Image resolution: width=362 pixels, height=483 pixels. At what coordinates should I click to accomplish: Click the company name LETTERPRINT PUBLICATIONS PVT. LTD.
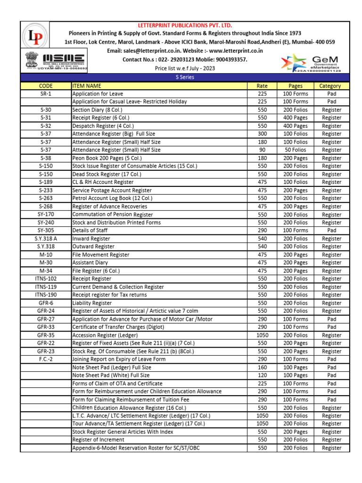tap(185, 25)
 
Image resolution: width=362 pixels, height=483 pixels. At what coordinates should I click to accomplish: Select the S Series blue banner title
tap(185, 77)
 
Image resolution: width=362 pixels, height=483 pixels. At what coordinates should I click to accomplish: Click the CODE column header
tap(46, 86)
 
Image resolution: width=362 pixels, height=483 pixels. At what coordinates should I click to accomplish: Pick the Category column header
tap(331, 86)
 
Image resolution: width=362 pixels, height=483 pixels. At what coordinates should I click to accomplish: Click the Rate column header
tap(262, 86)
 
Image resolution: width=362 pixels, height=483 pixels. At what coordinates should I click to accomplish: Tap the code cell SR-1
tap(46, 94)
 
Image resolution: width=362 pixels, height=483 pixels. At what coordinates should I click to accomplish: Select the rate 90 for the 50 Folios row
tap(262, 150)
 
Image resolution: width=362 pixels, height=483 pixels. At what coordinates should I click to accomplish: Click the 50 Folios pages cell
tap(295, 150)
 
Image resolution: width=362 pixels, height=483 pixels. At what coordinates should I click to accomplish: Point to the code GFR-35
tap(46, 335)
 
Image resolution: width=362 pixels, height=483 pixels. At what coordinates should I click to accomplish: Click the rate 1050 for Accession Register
tap(262, 335)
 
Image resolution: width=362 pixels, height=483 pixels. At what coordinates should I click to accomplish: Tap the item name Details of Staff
tap(90, 230)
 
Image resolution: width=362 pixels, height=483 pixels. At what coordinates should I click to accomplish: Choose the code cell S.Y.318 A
tap(46, 239)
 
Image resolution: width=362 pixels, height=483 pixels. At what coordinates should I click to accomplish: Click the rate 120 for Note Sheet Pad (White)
tap(262, 375)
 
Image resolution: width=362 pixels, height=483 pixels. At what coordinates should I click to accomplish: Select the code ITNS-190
tap(46, 295)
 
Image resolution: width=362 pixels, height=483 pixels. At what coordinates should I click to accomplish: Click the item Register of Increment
tap(98, 440)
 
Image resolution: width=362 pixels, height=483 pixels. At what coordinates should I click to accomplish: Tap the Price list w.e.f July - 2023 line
tap(185, 68)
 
